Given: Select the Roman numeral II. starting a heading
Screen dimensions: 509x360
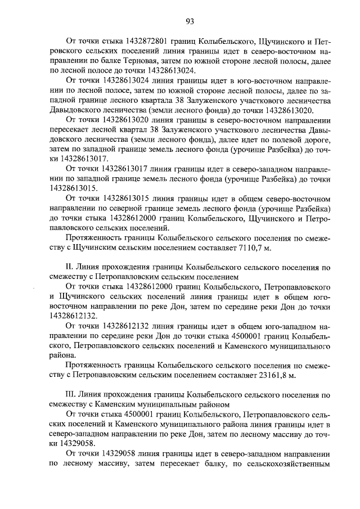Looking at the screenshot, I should [x=70, y=268].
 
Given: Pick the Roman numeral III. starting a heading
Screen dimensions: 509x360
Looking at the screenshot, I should [x=71, y=395].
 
